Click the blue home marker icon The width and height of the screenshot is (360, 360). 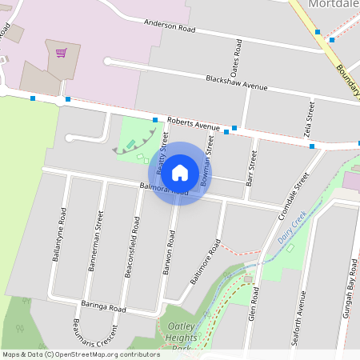180,173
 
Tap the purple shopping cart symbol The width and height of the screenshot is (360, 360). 61,53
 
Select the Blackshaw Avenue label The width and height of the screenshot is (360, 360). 236,82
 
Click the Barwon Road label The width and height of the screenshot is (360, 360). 170,255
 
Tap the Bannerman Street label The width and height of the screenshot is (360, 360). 95,241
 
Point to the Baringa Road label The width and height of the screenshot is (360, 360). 105,306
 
